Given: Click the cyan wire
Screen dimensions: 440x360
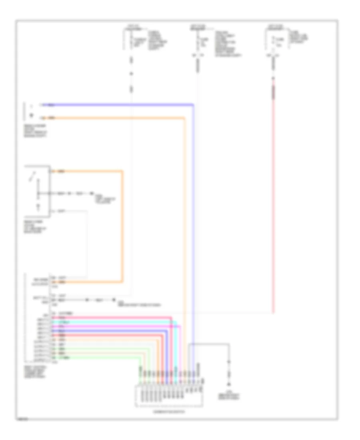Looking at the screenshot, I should coord(120,322).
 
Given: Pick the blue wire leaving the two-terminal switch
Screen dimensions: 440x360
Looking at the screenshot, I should coord(120,105).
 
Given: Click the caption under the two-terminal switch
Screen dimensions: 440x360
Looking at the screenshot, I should coord(35,131).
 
